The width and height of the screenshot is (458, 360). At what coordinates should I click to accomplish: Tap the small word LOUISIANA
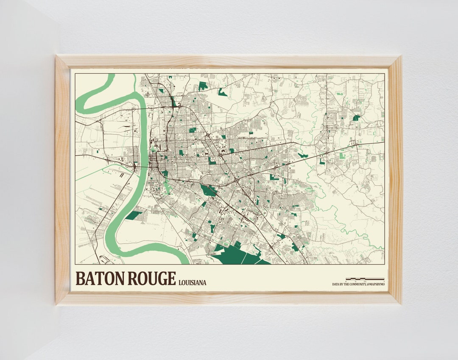[x=193, y=282]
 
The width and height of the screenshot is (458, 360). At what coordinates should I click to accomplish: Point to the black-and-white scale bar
[x=365, y=279]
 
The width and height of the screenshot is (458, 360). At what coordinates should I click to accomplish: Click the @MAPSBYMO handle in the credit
[x=375, y=284]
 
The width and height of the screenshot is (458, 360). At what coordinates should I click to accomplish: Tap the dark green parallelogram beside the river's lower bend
[x=134, y=215]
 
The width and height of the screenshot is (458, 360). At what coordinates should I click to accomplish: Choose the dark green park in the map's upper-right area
[x=356, y=118]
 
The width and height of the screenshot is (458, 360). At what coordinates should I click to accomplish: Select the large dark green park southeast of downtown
[x=208, y=190]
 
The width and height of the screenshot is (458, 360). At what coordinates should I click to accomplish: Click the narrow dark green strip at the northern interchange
[x=173, y=101]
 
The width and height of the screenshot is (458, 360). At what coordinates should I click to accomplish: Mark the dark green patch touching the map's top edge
[x=203, y=85]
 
